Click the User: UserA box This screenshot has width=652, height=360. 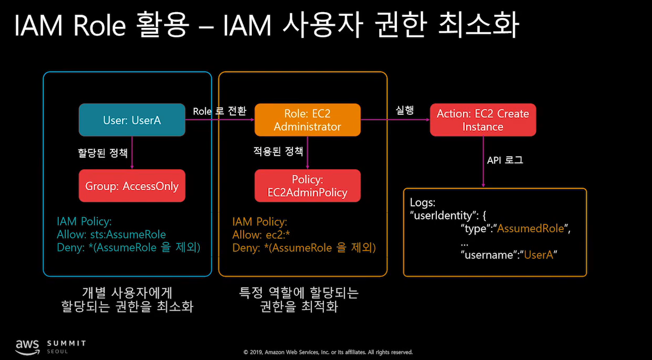[132, 120]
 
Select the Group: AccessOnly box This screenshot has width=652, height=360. [132, 186]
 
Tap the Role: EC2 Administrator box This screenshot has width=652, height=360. [308, 120]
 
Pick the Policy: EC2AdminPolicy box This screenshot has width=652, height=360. [308, 186]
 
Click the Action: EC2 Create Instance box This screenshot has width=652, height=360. [483, 120]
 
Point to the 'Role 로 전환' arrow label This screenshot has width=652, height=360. [219, 111]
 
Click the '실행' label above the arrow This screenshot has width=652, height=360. [405, 110]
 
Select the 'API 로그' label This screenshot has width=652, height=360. [505, 160]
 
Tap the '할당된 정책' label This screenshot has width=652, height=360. [103, 153]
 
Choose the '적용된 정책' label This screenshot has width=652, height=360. [278, 151]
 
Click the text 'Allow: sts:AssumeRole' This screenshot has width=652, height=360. [111, 234]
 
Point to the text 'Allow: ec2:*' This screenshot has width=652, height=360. [261, 234]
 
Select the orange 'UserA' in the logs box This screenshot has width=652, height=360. [540, 255]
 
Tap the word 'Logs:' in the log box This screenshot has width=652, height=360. [422, 202]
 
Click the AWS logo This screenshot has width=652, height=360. [27, 345]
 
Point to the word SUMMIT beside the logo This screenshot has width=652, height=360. [66, 343]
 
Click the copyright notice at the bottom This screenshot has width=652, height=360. [328, 352]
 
